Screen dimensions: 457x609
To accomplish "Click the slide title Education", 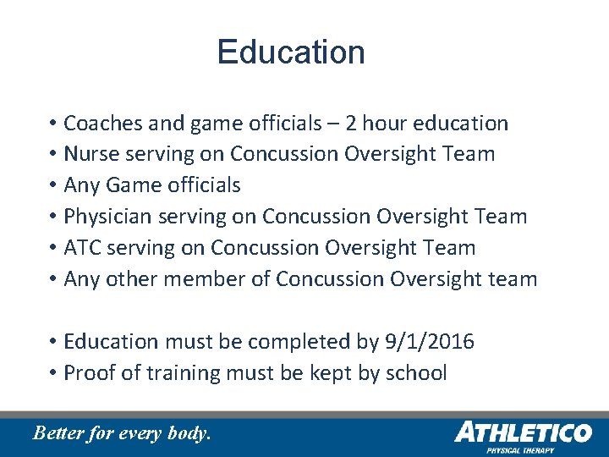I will point(290,52).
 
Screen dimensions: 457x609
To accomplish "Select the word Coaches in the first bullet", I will point(93,124).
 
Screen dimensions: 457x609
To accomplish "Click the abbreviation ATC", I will point(80,248).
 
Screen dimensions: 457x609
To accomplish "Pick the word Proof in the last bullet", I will point(88,373).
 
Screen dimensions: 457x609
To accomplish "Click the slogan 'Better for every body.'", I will point(121,433).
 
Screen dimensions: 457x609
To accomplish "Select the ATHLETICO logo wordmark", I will point(522,432).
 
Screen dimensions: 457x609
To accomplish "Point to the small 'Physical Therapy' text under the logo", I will point(519,451).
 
